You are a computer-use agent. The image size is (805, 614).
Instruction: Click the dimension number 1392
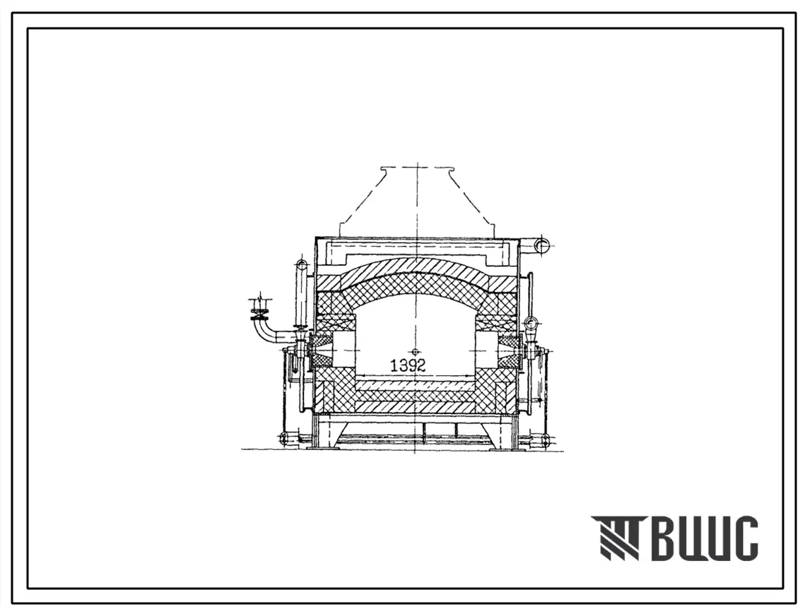pyautogui.click(x=408, y=365)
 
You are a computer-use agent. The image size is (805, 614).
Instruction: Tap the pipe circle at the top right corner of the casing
pyautogui.click(x=541, y=245)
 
